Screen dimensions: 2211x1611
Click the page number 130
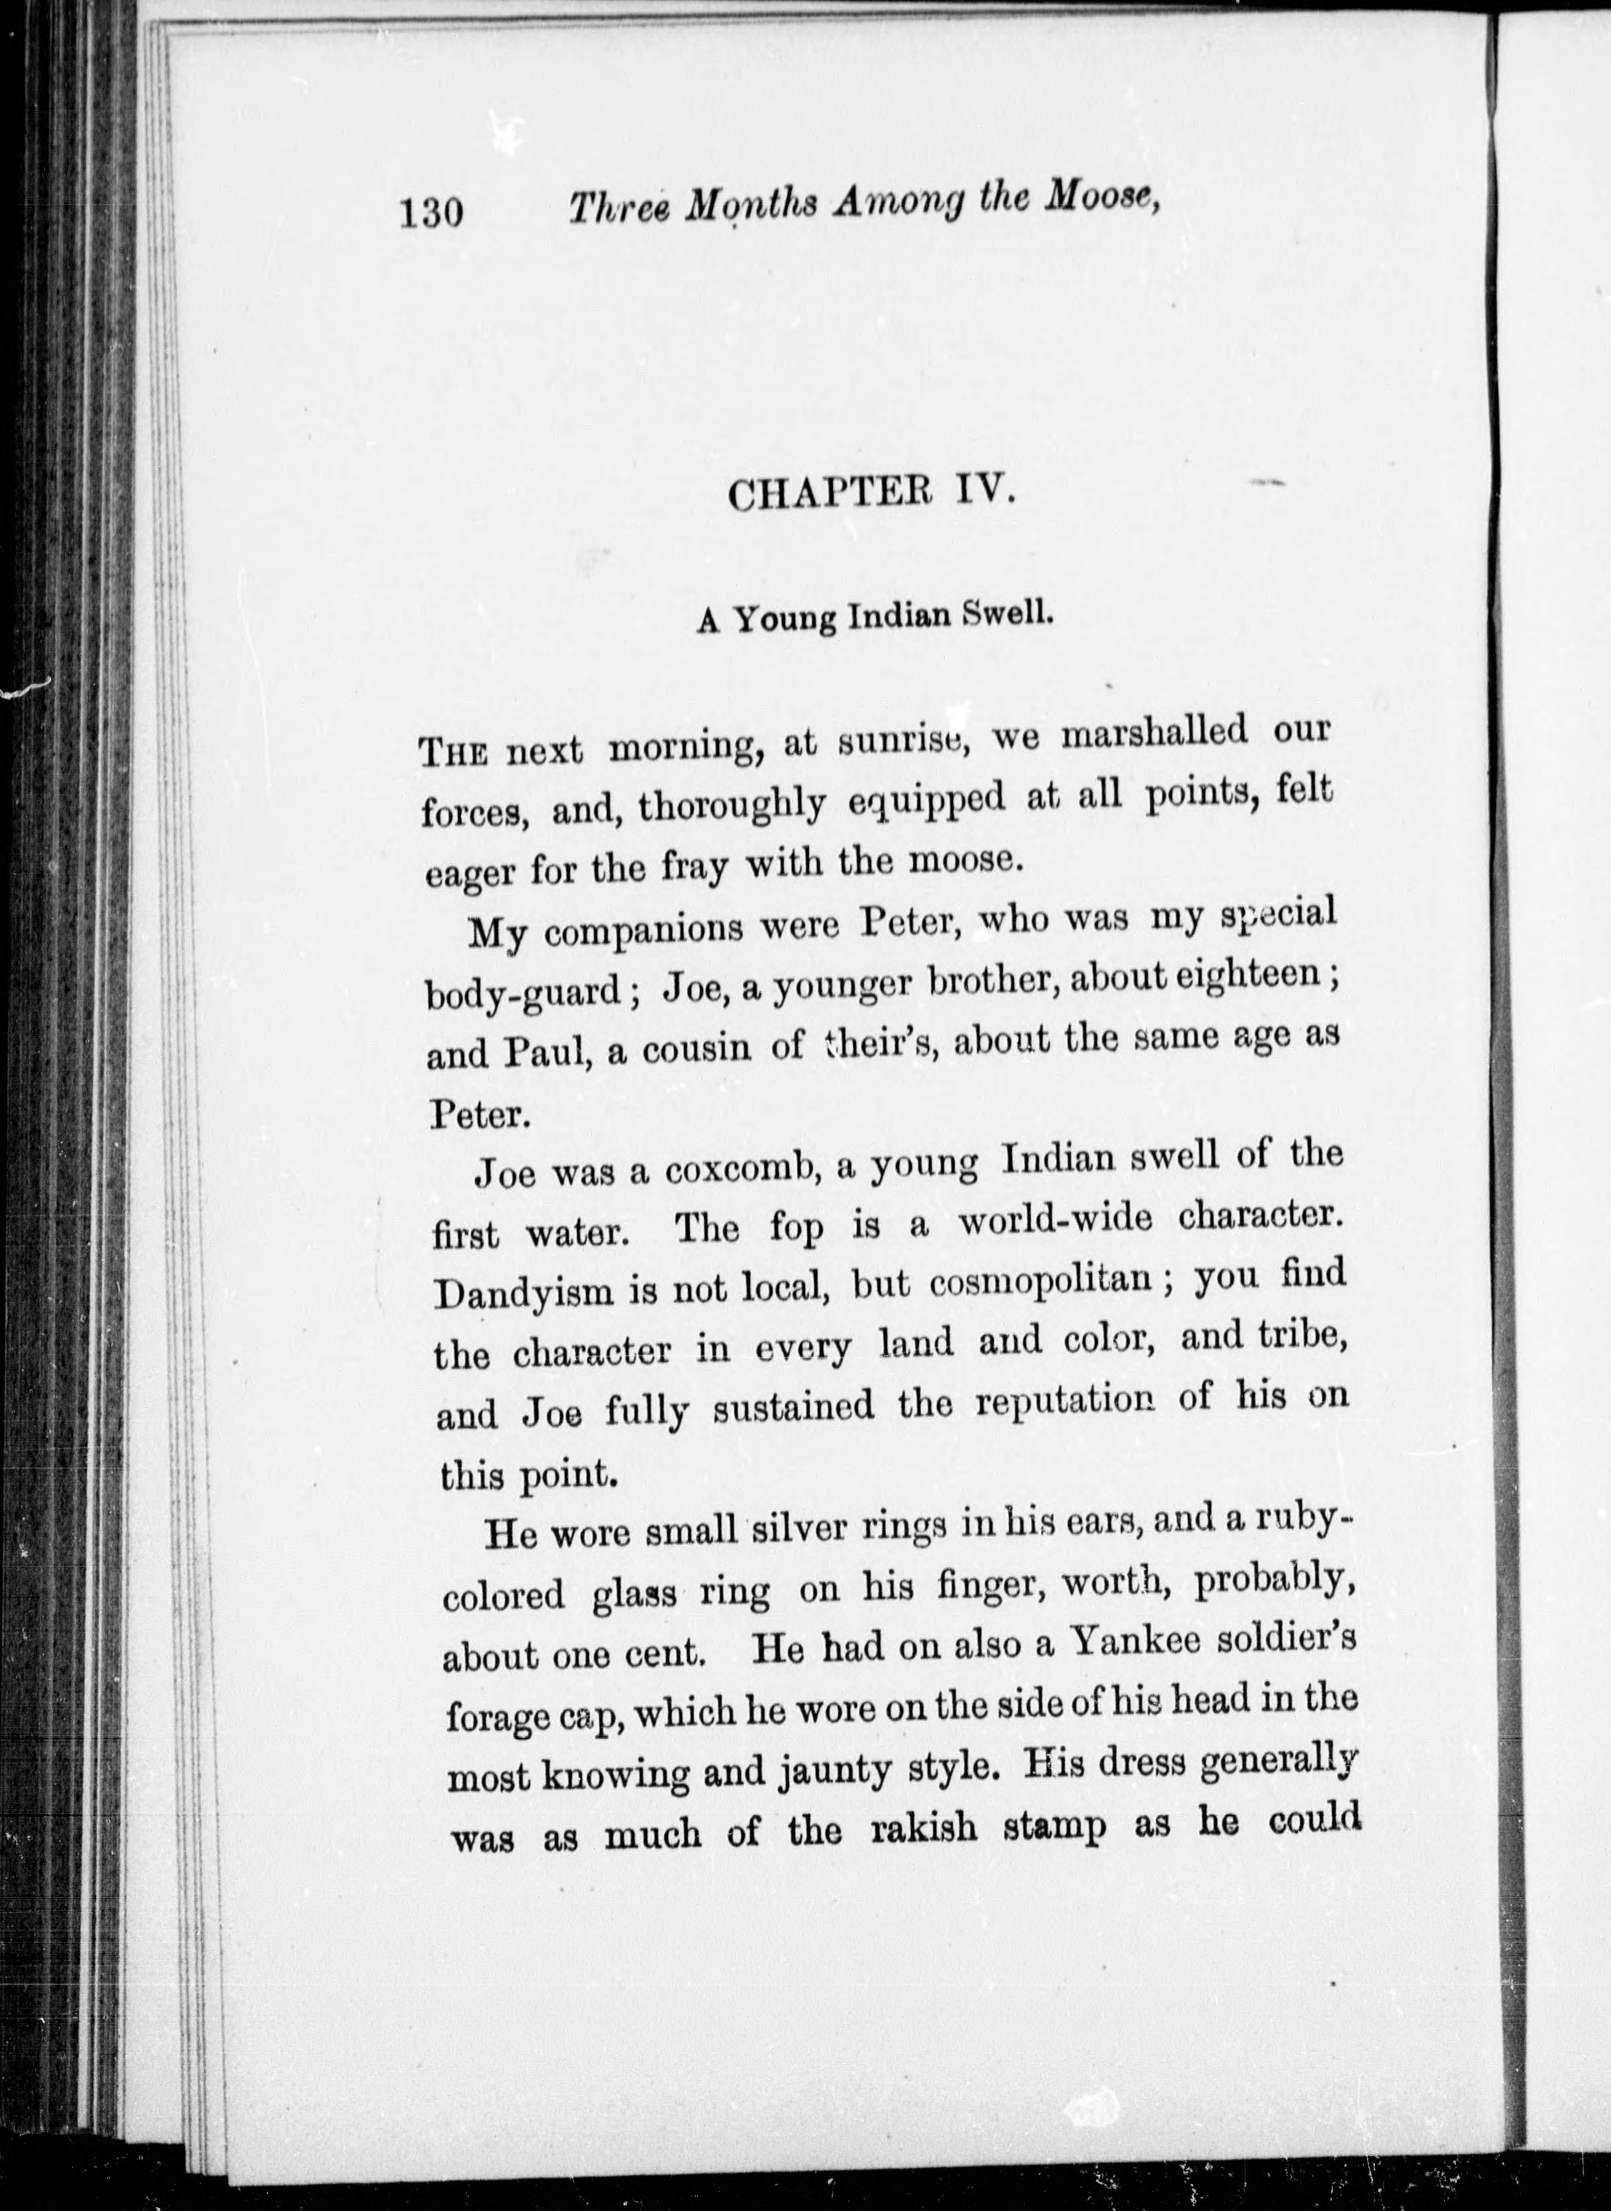pos(430,210)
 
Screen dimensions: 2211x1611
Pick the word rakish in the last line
pos(923,1831)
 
